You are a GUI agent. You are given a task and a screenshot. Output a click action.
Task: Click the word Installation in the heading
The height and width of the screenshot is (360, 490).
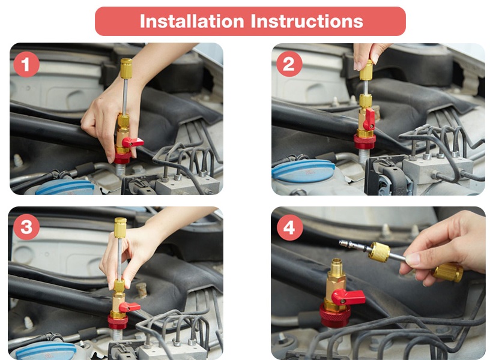click(x=192, y=21)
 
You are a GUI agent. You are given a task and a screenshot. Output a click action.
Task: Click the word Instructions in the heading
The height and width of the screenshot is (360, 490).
click(x=307, y=21)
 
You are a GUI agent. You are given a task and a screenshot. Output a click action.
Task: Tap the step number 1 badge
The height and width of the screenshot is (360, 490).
click(x=26, y=64)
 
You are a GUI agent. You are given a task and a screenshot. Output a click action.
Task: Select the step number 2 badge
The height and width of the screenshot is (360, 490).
click(x=289, y=64)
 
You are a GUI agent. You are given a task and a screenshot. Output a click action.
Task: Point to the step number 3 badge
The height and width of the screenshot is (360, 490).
click(x=26, y=227)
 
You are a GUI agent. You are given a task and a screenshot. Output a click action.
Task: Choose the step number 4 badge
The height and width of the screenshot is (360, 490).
click(x=289, y=227)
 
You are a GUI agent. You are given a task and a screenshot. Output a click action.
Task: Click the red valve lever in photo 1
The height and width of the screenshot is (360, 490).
click(x=133, y=142)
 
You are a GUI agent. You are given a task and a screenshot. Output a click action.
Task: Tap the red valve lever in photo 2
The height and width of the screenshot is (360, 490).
click(x=370, y=119)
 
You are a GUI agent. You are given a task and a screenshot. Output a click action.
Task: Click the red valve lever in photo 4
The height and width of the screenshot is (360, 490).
click(x=348, y=296)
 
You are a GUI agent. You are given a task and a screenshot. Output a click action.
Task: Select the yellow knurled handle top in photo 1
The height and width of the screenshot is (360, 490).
click(x=126, y=68)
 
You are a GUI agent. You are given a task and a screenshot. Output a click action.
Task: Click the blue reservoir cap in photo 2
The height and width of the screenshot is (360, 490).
click(x=303, y=171)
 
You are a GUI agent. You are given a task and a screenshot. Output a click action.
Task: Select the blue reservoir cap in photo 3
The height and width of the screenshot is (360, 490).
click(x=46, y=351)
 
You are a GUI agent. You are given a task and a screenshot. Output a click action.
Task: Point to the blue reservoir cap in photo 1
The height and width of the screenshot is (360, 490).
click(x=65, y=187)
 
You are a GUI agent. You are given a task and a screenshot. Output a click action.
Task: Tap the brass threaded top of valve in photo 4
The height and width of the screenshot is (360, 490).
click(x=336, y=265)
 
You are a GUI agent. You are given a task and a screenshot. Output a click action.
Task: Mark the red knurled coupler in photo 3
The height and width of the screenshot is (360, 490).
click(x=118, y=321)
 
